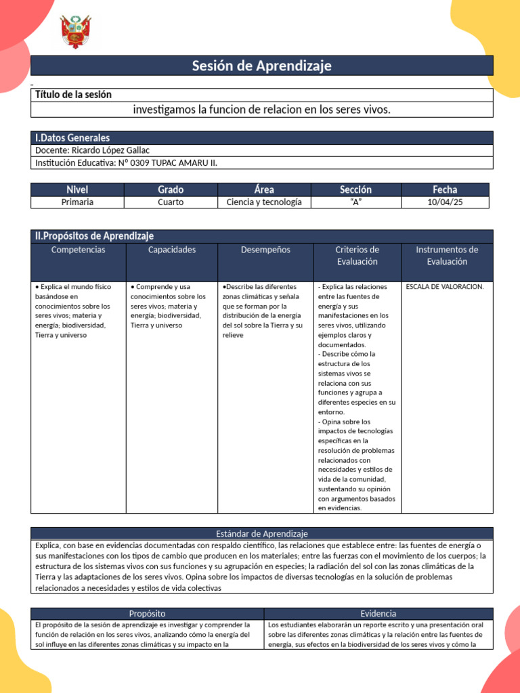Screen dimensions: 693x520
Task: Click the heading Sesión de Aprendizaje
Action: (x=261, y=66)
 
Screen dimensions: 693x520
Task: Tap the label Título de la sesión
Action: (x=73, y=95)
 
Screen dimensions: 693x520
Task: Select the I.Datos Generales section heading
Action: (x=72, y=137)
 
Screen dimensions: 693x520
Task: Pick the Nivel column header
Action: (x=77, y=189)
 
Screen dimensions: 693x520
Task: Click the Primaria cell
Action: (x=77, y=202)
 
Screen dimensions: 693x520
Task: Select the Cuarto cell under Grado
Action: (x=171, y=202)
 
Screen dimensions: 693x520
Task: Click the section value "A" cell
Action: (x=355, y=202)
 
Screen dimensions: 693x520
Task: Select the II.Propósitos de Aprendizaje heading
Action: (x=94, y=236)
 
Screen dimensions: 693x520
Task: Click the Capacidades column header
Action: (x=172, y=250)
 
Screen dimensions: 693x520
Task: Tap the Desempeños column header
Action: (x=265, y=250)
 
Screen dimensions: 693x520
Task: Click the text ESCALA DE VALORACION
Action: (x=445, y=287)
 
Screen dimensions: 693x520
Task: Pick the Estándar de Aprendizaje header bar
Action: (x=261, y=534)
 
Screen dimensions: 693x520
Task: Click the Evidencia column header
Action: (x=378, y=613)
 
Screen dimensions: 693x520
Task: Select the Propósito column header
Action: (x=147, y=613)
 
